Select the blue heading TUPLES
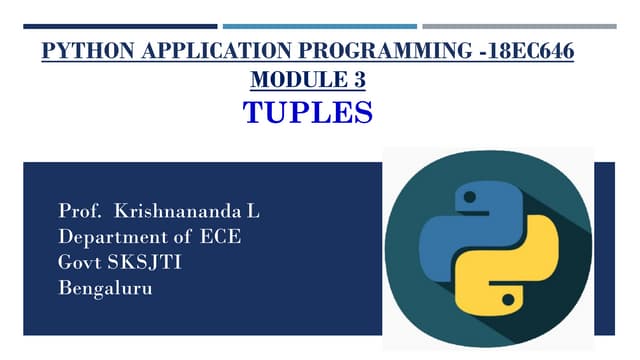308,110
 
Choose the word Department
110,238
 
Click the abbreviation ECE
221,238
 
